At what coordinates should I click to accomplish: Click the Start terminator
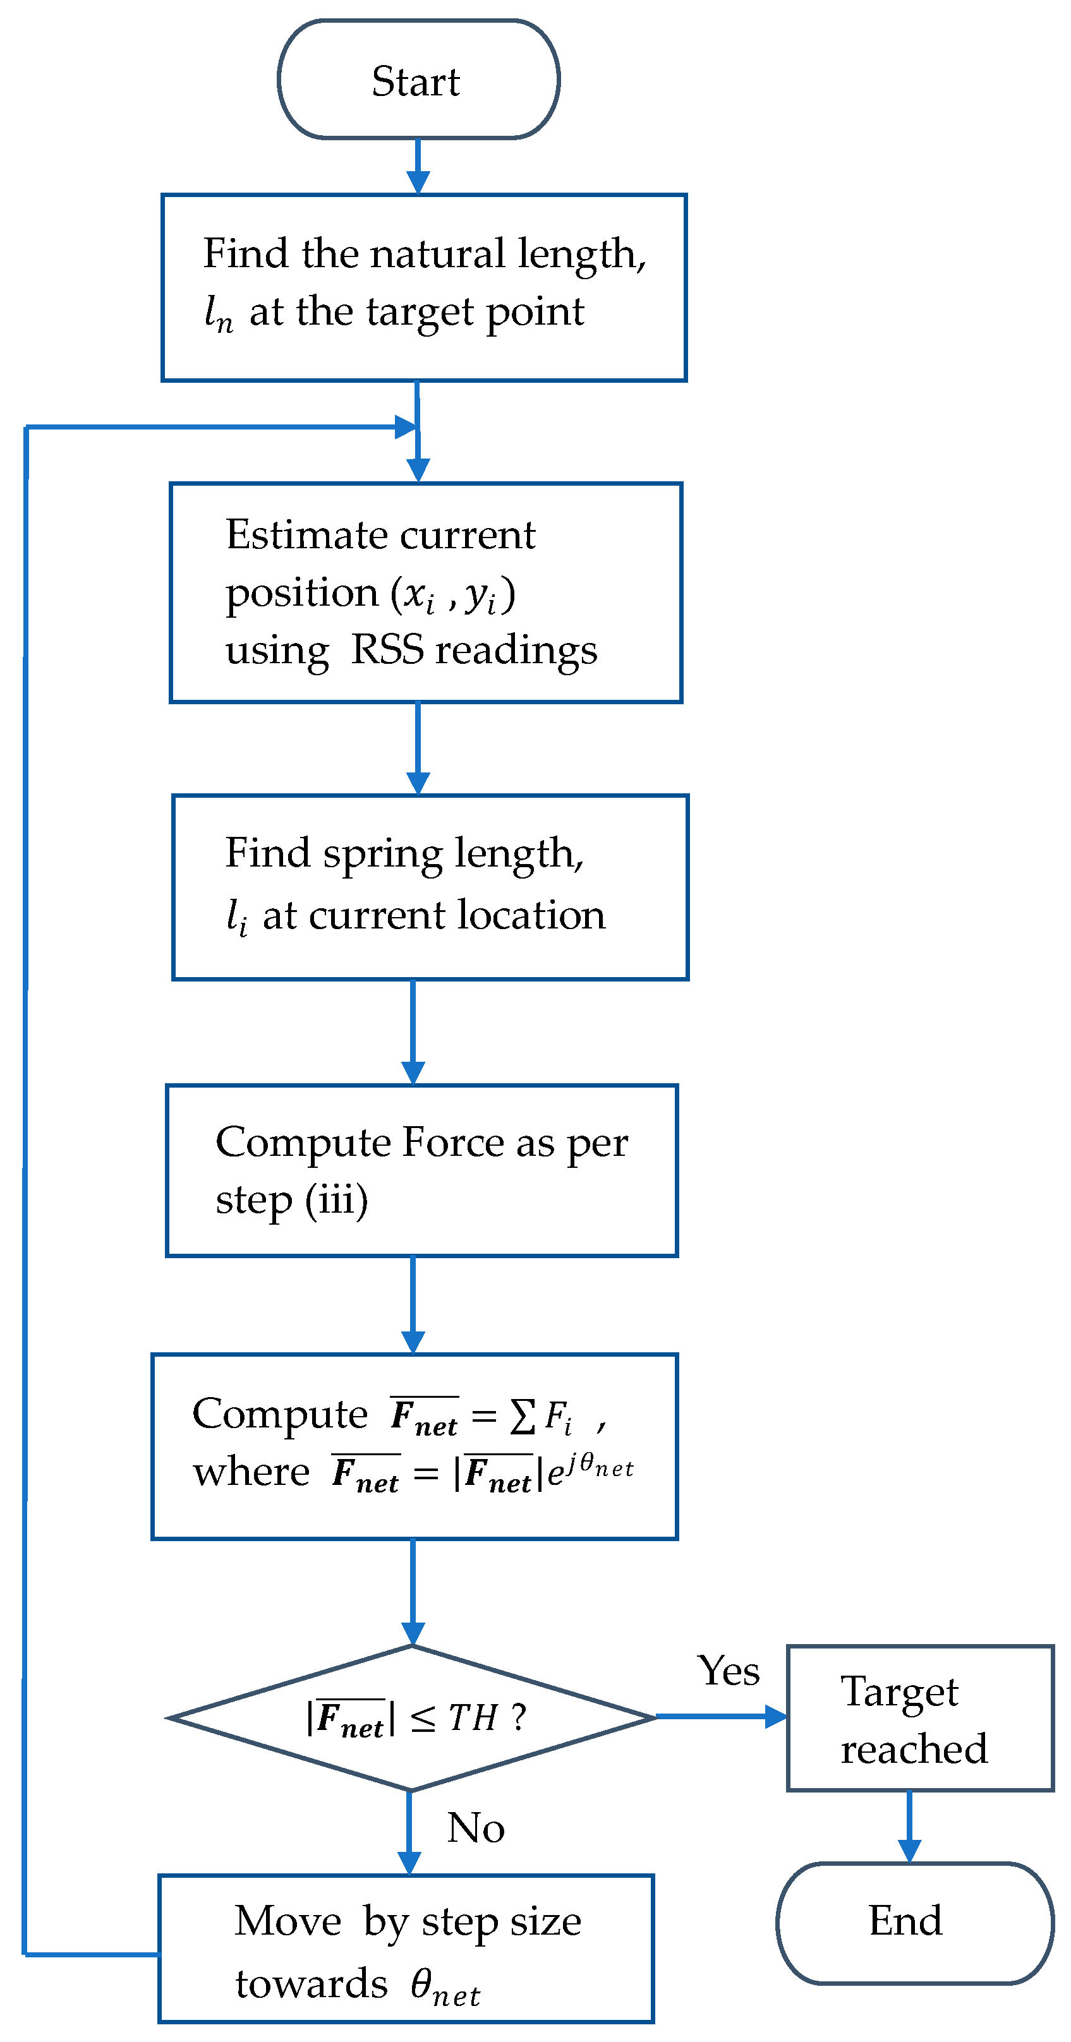(418, 80)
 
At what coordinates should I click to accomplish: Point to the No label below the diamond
(475, 1827)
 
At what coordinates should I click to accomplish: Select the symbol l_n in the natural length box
(218, 313)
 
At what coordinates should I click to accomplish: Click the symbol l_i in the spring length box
(236, 917)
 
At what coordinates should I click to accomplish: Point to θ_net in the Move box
(445, 1986)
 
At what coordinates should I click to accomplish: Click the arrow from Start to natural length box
(418, 167)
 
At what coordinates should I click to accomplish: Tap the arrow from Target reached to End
(909, 1827)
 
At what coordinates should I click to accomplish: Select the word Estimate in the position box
(293, 534)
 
